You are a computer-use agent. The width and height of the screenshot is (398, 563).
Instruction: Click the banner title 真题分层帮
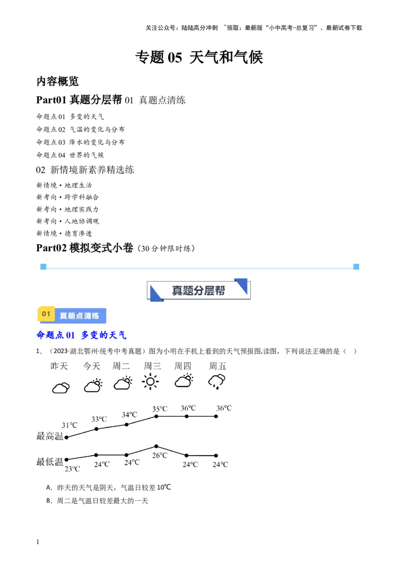pos(199,290)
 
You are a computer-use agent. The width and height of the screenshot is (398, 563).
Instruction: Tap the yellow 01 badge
pos(46,314)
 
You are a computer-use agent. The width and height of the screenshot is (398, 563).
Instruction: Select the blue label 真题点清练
pos(80,315)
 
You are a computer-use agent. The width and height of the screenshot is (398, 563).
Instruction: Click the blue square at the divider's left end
pos(43,267)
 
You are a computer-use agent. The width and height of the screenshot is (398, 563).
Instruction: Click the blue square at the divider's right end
pos(356,267)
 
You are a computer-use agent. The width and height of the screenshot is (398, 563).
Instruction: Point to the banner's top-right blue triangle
pos(243,285)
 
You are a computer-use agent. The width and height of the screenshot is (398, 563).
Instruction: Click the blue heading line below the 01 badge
pos(82,336)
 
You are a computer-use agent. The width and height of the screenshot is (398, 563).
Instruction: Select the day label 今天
pos(91,367)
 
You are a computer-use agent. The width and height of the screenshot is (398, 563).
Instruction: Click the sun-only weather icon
pos(150,382)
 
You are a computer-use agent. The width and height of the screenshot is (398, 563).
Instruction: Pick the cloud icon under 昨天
pos(61,388)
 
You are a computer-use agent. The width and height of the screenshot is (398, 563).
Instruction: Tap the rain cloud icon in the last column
pos(217,381)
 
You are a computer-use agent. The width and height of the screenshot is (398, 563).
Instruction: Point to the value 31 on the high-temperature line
pos(64,425)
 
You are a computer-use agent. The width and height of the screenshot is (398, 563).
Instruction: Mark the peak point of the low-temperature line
pos(156,446)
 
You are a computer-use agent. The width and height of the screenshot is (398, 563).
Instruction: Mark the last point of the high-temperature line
pos(217,417)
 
